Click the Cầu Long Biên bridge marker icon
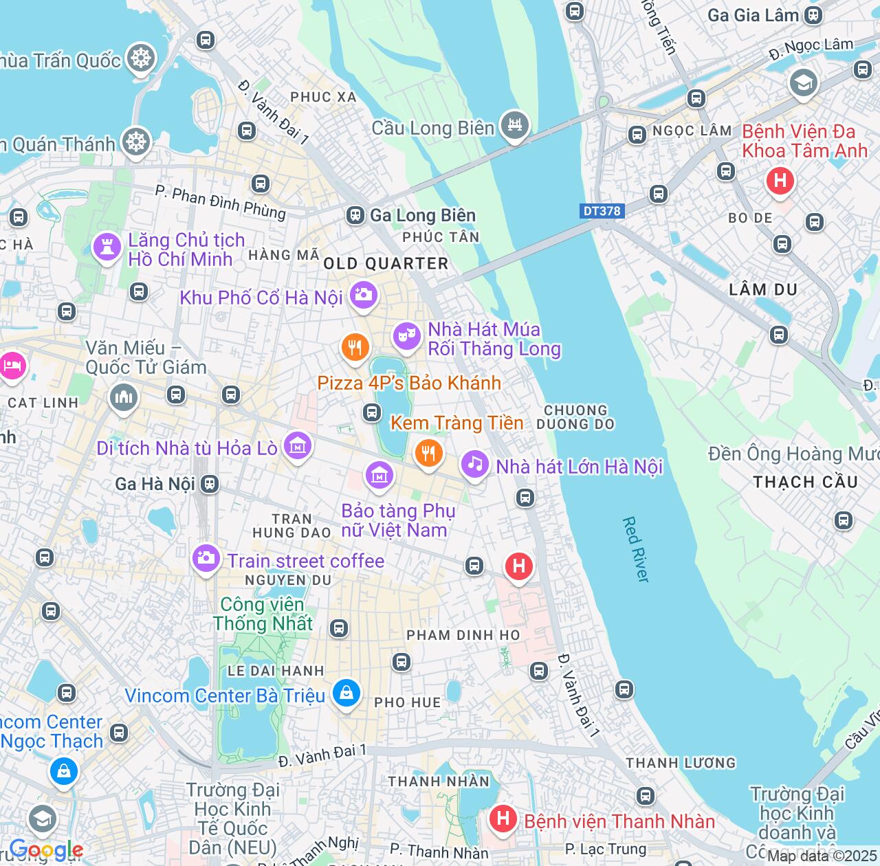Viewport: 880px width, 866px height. (514, 125)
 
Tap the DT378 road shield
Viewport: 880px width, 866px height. (602, 211)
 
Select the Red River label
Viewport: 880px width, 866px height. (636, 550)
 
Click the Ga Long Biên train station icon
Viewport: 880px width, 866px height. (355, 216)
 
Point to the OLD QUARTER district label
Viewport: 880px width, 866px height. (386, 264)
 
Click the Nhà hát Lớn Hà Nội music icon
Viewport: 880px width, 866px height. (474, 464)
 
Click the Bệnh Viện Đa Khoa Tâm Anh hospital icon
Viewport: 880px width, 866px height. (780, 181)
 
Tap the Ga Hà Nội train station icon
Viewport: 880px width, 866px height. (210, 484)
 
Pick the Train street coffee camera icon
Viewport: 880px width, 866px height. (206, 558)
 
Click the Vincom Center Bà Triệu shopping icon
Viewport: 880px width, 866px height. (346, 693)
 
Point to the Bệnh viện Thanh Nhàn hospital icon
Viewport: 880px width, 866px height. (503, 819)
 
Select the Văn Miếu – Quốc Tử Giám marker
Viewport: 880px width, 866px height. (124, 397)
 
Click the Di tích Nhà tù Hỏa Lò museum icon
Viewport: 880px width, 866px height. (298, 446)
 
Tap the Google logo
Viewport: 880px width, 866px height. (45, 850)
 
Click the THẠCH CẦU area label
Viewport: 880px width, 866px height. (805, 482)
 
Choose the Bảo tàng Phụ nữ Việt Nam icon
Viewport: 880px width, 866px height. (379, 475)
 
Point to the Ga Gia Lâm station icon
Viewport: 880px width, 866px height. (813, 15)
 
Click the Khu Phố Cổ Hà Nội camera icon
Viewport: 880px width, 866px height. (363, 295)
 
